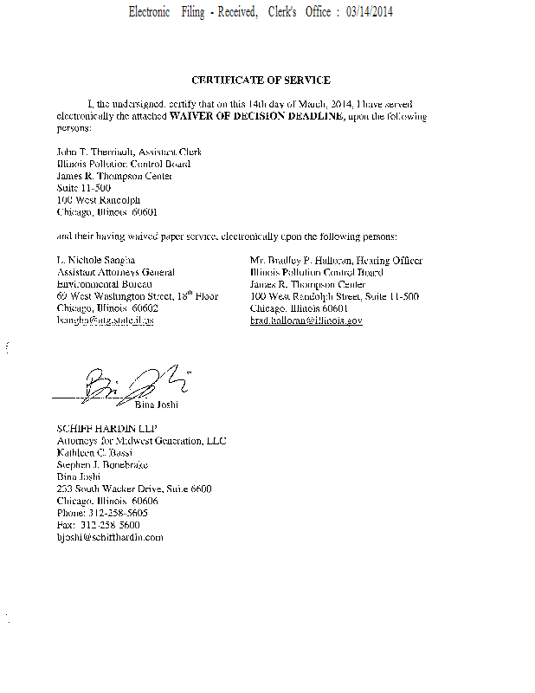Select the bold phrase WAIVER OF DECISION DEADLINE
257,115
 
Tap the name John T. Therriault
85,152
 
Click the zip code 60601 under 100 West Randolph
144,211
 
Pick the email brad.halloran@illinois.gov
306,321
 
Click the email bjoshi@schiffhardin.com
109,538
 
